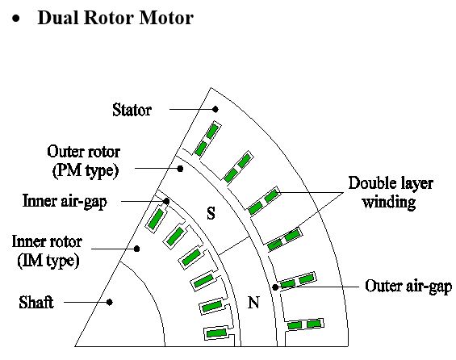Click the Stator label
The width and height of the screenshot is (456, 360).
click(132, 110)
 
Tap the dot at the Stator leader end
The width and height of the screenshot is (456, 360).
click(215, 109)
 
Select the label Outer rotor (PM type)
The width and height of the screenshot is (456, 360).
click(84, 161)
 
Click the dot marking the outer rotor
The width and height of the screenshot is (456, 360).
click(180, 169)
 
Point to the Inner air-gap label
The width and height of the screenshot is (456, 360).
click(65, 201)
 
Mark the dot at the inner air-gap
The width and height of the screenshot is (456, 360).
click(166, 201)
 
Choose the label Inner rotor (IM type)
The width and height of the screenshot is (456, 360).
click(47, 251)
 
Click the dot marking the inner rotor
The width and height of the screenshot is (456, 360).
click(136, 249)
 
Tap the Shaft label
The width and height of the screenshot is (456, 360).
click(36, 303)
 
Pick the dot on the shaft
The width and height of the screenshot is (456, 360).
click(109, 303)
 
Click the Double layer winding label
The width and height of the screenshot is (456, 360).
click(391, 192)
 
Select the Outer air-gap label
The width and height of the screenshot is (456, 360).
click(408, 286)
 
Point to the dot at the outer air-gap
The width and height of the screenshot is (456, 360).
click(275, 287)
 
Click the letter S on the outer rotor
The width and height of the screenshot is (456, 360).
click(211, 213)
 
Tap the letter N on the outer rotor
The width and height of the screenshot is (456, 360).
click(253, 303)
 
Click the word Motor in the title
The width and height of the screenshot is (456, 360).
click(166, 18)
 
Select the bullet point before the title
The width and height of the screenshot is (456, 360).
click(16, 19)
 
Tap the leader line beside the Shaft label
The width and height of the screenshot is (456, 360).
click(86, 303)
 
